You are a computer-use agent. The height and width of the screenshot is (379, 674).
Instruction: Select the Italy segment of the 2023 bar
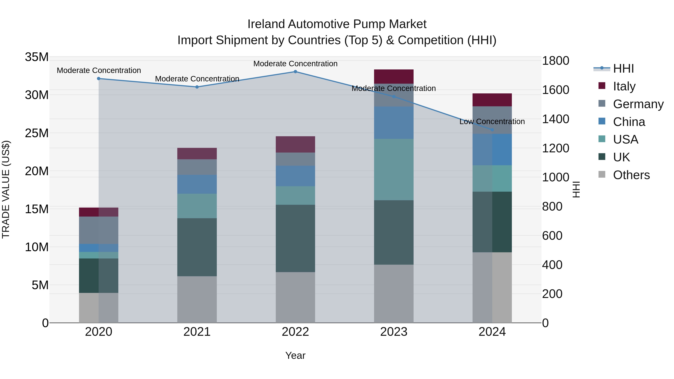pyautogui.click(x=394, y=76)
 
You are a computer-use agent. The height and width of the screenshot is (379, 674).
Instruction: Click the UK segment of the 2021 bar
pyautogui.click(x=197, y=247)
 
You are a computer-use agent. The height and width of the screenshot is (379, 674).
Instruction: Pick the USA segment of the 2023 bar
pyautogui.click(x=394, y=170)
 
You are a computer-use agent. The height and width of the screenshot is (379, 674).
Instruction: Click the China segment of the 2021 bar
pyautogui.click(x=197, y=184)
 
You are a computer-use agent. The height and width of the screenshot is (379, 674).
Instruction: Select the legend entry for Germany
pyautogui.click(x=638, y=104)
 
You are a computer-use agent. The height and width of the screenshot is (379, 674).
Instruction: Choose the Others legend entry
pyautogui.click(x=631, y=175)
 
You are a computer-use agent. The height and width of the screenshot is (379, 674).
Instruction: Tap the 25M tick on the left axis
pyautogui.click(x=37, y=133)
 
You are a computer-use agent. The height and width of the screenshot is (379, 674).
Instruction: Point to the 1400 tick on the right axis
pyautogui.click(x=555, y=119)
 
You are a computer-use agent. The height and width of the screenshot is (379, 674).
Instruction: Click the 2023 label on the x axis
pyautogui.click(x=394, y=332)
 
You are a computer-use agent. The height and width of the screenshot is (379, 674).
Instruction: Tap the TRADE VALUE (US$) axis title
pyautogui.click(x=6, y=189)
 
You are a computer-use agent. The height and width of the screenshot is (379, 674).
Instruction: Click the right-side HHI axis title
pyautogui.click(x=576, y=189)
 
